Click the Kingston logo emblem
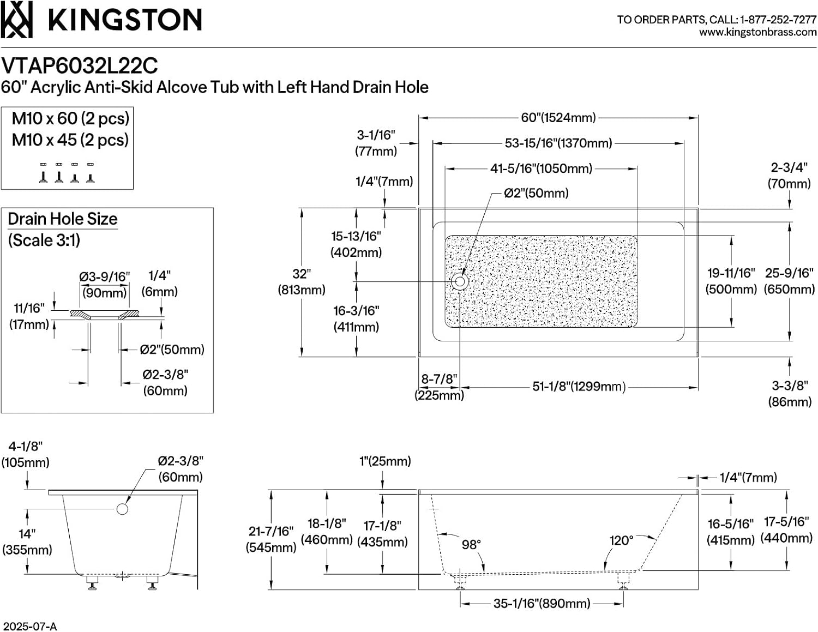tap(16, 19)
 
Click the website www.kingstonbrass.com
tap(758, 32)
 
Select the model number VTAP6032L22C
tap(80, 66)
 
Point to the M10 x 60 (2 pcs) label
tap(70, 118)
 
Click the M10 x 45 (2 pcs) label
tap(70, 140)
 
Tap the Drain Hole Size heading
tap(63, 219)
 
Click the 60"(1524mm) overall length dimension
tap(558, 118)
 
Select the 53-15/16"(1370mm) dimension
tap(558, 143)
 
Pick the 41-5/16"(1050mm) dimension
tap(541, 168)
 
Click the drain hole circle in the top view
tap(460, 281)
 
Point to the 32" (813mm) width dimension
tap(302, 282)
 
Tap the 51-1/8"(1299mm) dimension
tap(579, 387)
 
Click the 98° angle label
tap(471, 545)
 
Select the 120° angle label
tap(621, 541)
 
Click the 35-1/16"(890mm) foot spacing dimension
tap(542, 604)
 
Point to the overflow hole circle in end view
tap(122, 509)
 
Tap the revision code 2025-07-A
tap(28, 626)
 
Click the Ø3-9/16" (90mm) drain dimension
tap(104, 285)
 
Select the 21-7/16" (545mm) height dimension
tap(271, 539)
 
